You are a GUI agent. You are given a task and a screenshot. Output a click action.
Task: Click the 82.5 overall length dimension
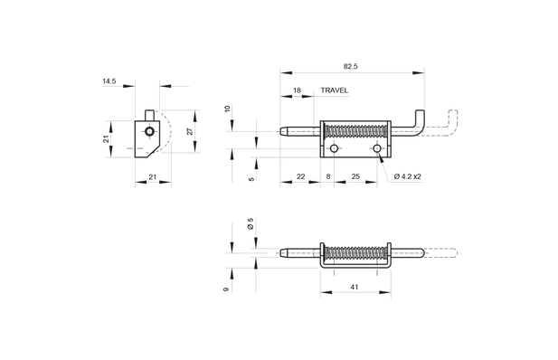point(351,66)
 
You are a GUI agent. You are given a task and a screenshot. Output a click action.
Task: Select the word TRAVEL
point(334,90)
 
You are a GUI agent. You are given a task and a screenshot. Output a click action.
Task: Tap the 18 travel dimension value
point(297,90)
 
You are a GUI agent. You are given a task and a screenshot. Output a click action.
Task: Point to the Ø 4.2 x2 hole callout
point(408,176)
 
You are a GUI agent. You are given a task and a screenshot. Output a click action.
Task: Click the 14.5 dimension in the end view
point(109,81)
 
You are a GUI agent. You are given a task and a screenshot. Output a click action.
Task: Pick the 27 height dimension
point(190,131)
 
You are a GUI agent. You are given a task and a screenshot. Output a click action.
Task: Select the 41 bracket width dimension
point(355,287)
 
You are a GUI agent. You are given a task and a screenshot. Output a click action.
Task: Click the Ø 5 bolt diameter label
point(251,224)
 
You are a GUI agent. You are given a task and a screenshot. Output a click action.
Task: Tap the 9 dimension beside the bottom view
point(226,289)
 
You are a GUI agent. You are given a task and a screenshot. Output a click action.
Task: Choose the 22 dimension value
point(301,176)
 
